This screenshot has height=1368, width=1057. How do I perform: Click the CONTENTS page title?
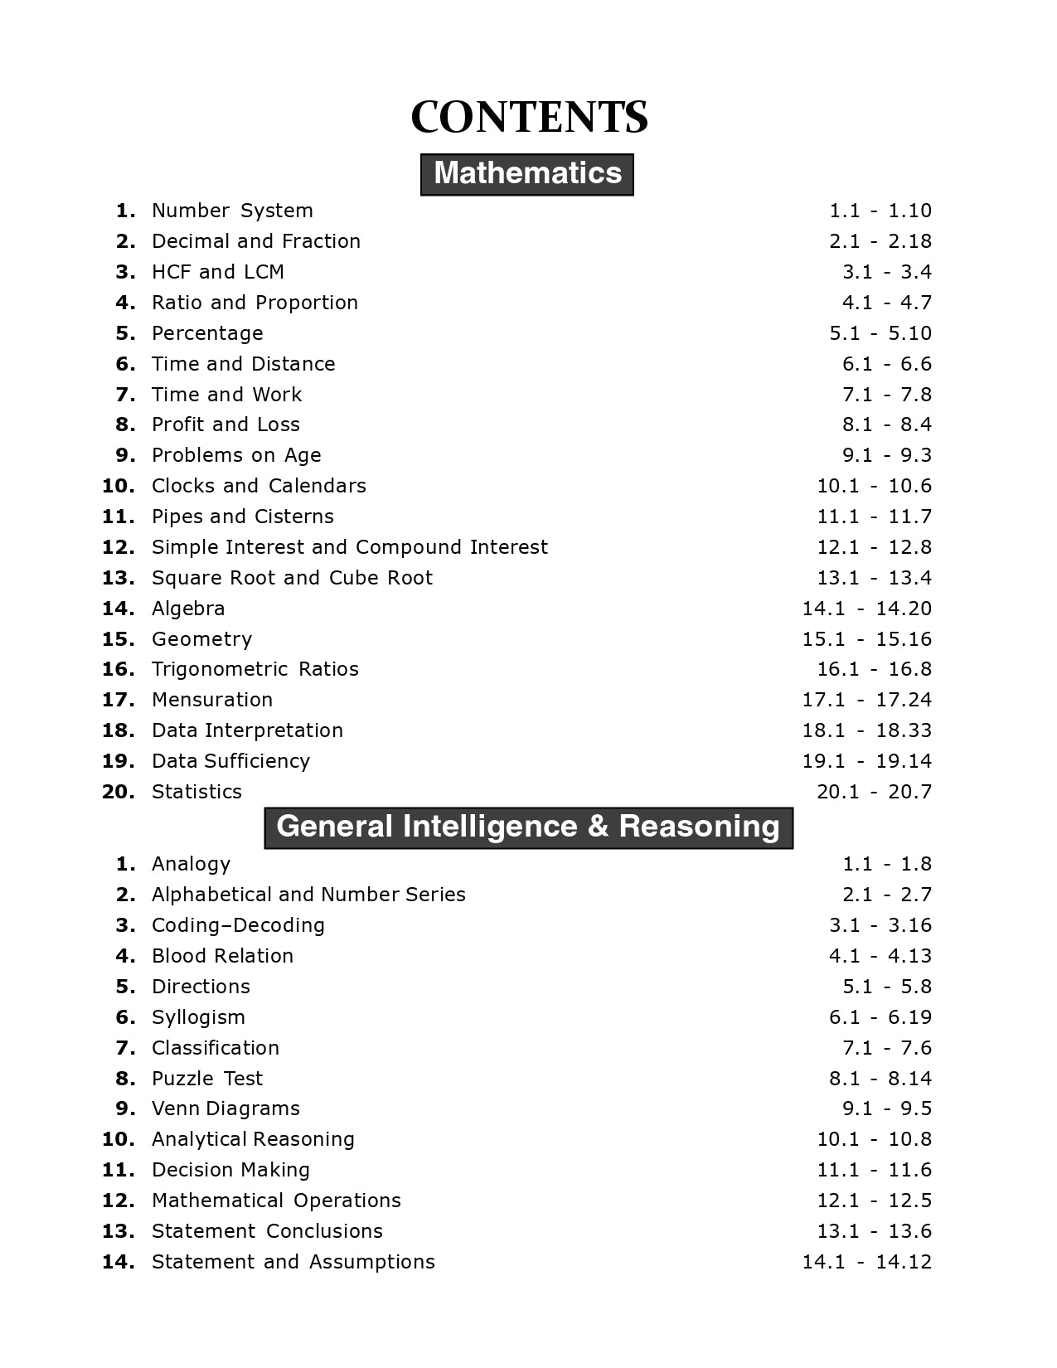coord(529,117)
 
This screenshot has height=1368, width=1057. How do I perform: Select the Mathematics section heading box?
coord(527,174)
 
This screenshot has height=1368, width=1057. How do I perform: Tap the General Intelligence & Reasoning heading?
coord(528,827)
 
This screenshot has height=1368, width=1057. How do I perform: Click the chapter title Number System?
coord(232,211)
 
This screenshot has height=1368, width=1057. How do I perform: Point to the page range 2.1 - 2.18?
coord(880,241)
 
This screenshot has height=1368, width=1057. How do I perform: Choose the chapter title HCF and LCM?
coord(218,272)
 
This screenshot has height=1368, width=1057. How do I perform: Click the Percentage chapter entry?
coord(207,333)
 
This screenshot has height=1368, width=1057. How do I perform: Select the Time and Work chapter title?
coord(226,395)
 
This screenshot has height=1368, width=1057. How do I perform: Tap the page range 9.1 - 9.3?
coord(887,455)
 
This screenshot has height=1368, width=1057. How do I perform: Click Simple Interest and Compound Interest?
coord(349,547)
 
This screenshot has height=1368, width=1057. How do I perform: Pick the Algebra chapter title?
coord(188,609)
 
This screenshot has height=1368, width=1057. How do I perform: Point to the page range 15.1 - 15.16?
coord(866,639)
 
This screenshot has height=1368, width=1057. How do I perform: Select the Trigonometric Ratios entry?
coord(255,669)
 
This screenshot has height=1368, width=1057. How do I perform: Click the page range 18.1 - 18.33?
coord(866,730)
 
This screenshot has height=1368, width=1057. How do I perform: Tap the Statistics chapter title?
coord(196,792)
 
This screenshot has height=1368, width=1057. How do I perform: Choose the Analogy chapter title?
coord(191,864)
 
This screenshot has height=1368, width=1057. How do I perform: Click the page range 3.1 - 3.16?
coord(880,925)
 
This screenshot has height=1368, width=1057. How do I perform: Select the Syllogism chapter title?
coord(198,1017)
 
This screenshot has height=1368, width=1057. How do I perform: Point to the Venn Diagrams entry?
coord(225,1108)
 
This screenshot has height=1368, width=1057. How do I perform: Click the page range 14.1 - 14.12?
coord(866,1262)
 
